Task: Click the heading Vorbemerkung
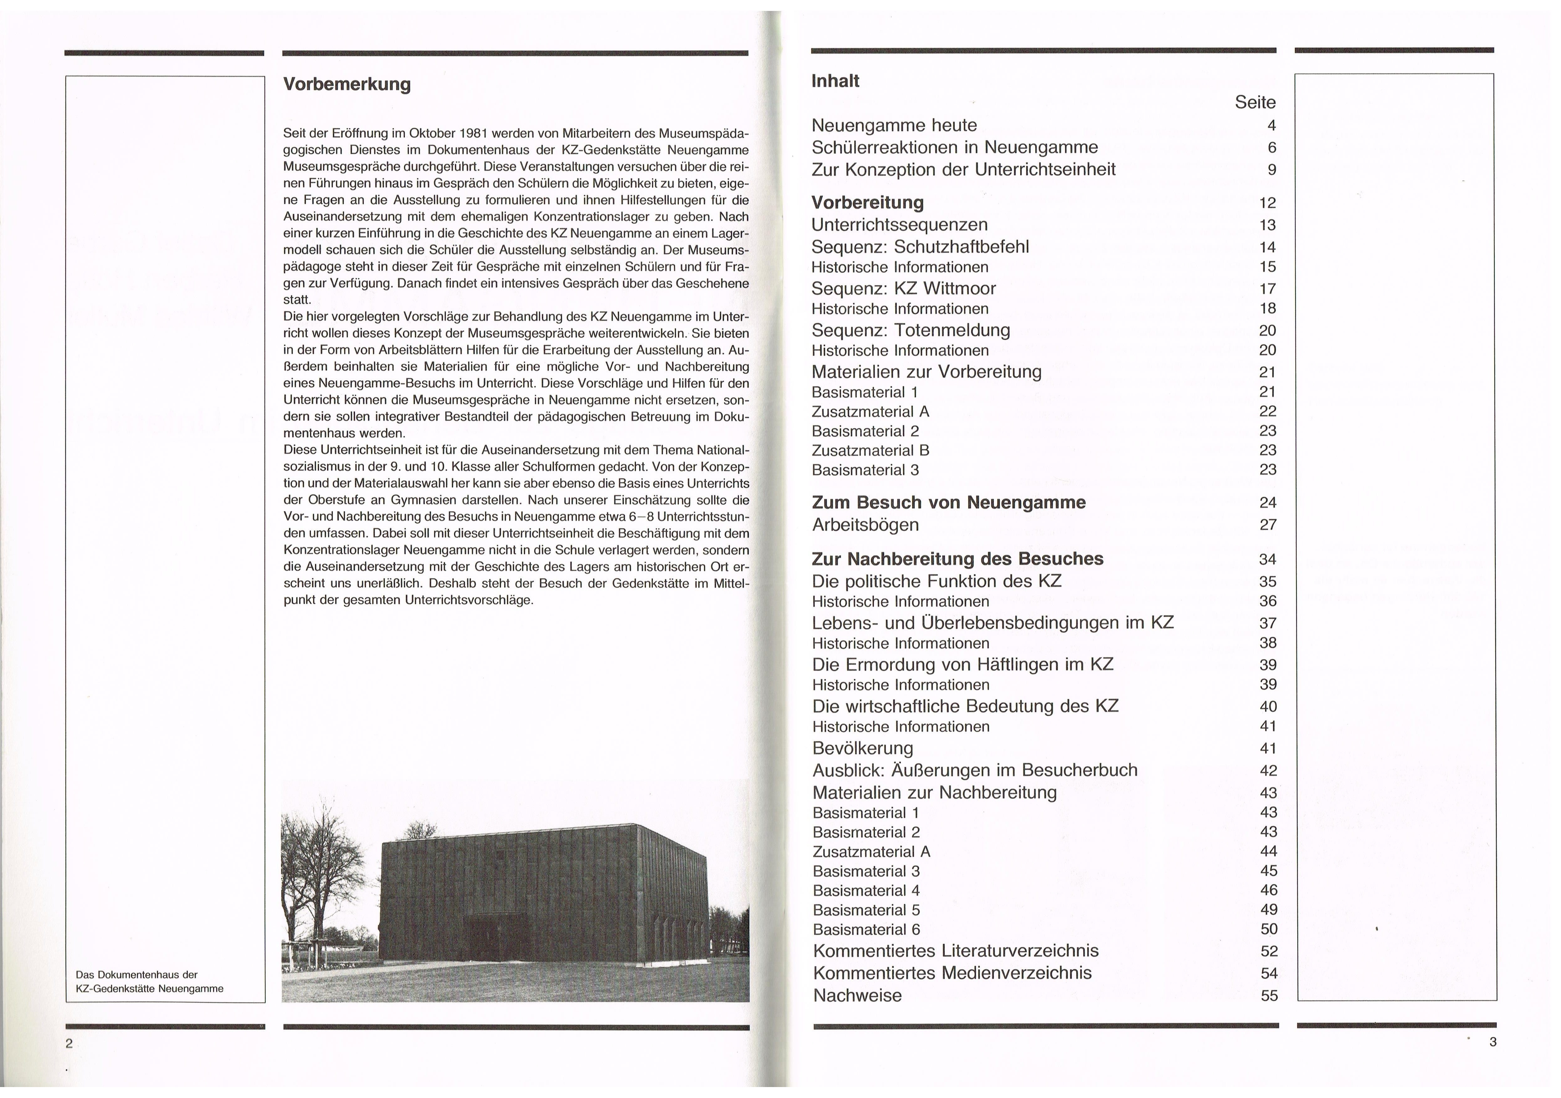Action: coord(347,84)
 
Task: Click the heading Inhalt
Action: coord(835,81)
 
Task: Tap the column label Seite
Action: coord(1254,103)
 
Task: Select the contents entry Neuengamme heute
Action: coord(894,125)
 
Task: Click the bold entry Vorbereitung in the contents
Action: coord(867,203)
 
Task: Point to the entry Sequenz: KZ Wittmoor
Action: coord(903,288)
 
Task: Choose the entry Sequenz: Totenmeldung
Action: coord(911,330)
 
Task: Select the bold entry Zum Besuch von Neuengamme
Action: coord(948,503)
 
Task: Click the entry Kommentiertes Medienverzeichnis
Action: coord(952,973)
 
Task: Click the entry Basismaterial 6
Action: coord(866,929)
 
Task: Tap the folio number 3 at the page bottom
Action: coord(1492,1042)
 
